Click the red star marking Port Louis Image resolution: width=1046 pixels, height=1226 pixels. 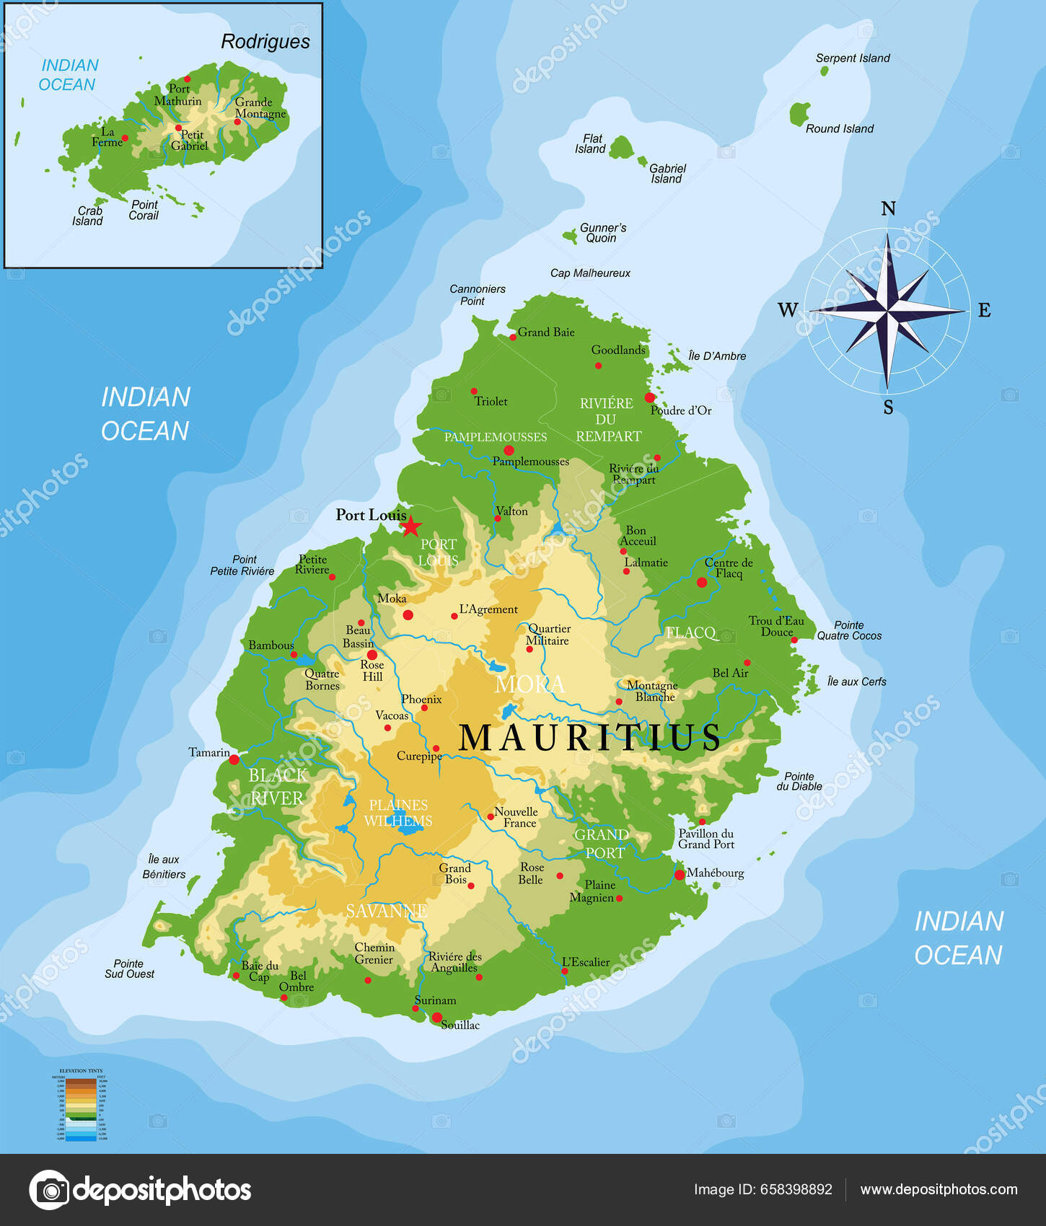tap(410, 526)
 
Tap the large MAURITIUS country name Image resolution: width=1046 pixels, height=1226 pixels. tap(589, 738)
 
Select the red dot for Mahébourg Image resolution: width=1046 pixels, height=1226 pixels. tap(679, 875)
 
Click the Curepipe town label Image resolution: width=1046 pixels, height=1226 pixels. tap(419, 756)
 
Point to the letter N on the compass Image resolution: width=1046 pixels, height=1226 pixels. tap(888, 209)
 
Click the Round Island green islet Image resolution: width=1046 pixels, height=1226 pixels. tap(799, 114)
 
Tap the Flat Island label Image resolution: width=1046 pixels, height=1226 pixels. tap(590, 144)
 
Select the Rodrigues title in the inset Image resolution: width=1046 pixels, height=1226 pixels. tap(265, 42)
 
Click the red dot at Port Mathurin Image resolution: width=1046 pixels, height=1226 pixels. tap(187, 79)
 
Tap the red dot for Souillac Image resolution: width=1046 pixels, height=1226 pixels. tap(437, 1018)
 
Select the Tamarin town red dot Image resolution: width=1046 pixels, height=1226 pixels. tap(234, 759)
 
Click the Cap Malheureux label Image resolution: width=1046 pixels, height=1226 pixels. tap(590, 273)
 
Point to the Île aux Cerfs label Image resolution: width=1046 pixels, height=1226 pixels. tap(856, 682)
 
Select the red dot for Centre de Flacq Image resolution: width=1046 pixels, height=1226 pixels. tap(702, 582)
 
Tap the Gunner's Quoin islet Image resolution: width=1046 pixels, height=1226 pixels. tap(571, 237)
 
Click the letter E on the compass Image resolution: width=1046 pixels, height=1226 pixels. tap(984, 311)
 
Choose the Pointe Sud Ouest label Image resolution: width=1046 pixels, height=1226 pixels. tap(129, 969)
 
